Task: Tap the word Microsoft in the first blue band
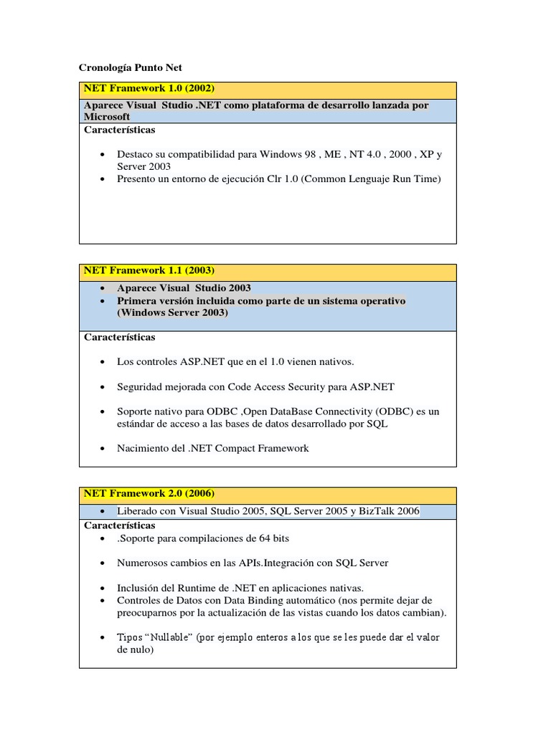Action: click(107, 116)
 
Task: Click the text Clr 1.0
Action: click(280, 178)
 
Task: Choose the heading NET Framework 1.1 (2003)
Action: click(149, 270)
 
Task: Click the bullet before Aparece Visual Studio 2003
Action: click(105, 288)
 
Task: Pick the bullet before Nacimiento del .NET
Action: click(105, 448)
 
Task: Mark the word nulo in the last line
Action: click(140, 650)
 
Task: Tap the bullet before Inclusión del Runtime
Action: click(105, 587)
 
